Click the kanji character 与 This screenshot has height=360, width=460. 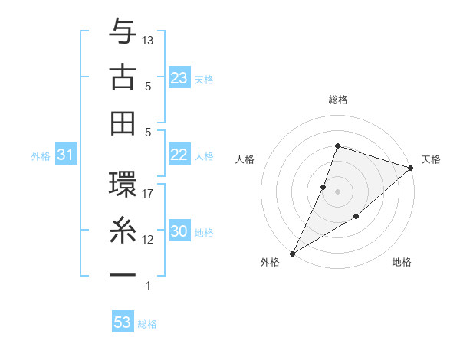pos(123,34)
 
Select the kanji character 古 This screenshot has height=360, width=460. pos(123,77)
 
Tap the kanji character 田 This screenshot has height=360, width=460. pos(123,122)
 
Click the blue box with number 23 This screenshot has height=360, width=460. pos(179,78)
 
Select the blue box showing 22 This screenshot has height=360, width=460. pos(179,155)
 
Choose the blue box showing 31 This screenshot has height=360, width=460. pos(66,155)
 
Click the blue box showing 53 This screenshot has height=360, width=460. pos(123,322)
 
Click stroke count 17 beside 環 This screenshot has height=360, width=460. pos(149,194)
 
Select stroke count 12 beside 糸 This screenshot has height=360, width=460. pos(149,240)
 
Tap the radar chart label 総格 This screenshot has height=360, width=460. pos(337,100)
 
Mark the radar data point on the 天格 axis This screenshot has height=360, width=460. pos(411,168)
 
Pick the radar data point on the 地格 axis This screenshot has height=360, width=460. pos(356,218)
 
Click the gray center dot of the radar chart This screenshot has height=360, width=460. pos(337,191)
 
